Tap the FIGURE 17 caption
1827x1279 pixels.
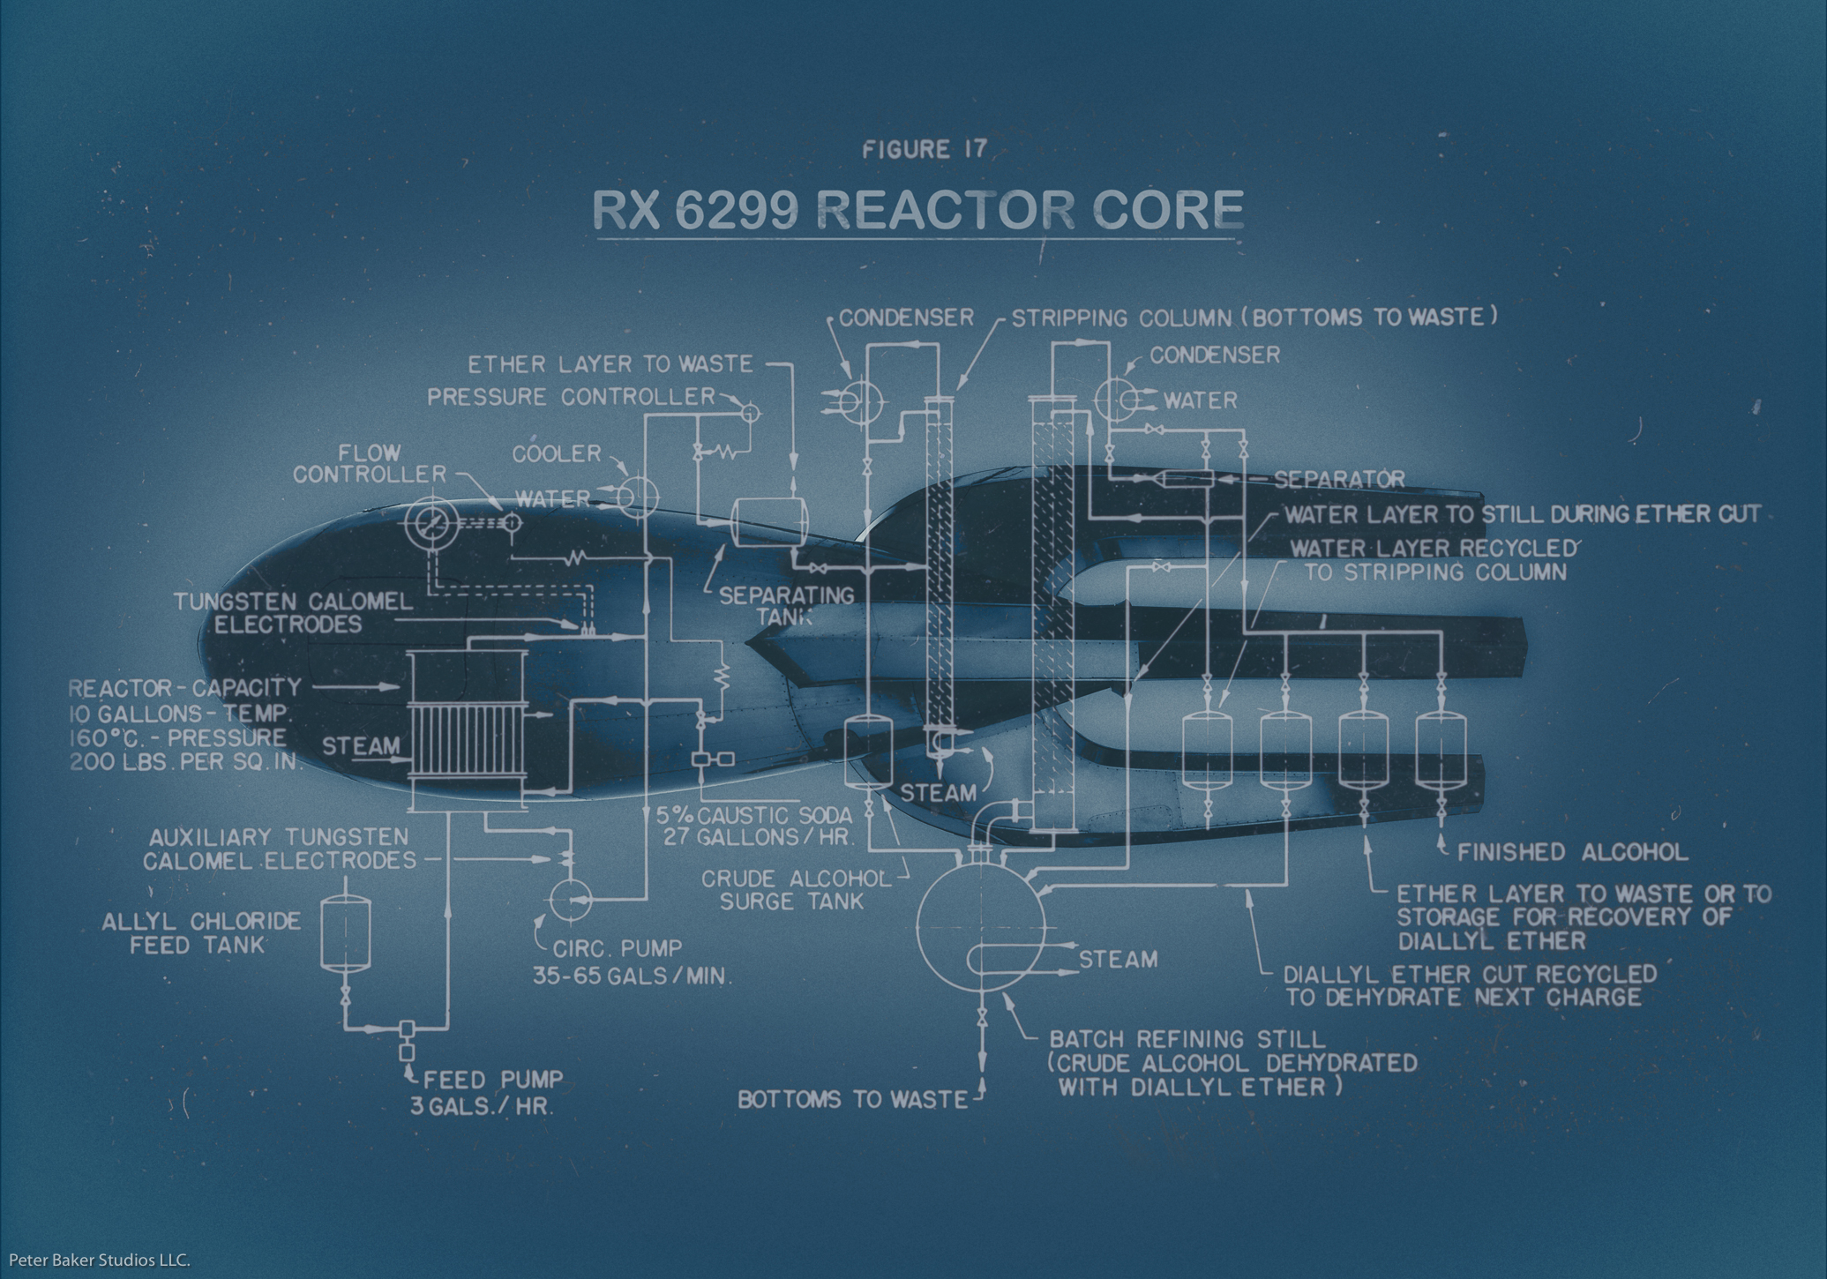[923, 149]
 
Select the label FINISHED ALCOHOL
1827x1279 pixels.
[1572, 852]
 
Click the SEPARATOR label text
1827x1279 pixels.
[1339, 479]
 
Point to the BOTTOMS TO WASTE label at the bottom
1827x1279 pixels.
[852, 1099]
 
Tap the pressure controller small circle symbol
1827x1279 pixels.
[750, 412]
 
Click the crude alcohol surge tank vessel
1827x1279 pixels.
[869, 752]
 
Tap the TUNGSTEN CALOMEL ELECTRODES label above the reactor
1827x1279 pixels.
[292, 613]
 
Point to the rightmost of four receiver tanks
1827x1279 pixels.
[1441, 750]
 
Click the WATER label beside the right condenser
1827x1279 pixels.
[1200, 400]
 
